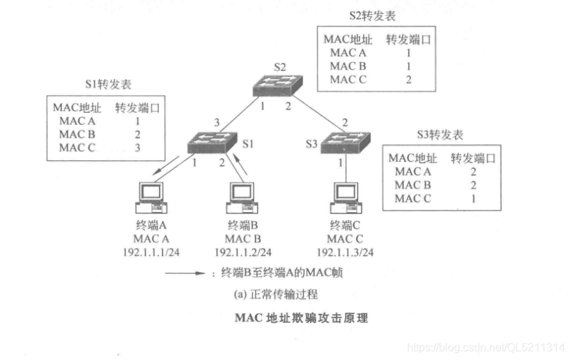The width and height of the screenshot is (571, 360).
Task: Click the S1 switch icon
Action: (214, 142)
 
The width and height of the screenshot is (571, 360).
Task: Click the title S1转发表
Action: (107, 85)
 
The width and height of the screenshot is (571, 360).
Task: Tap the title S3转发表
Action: (441, 134)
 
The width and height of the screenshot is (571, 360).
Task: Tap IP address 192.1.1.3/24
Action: (345, 252)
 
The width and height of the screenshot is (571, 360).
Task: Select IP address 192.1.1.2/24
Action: (243, 252)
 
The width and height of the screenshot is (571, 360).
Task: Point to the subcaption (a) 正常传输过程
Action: (275, 293)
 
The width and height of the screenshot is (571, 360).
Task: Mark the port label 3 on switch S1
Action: (216, 123)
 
